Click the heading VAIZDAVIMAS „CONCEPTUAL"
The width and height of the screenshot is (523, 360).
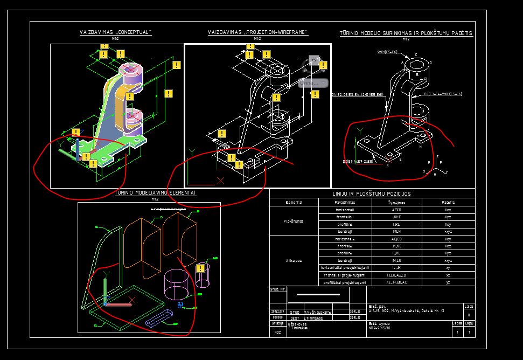pos(115,32)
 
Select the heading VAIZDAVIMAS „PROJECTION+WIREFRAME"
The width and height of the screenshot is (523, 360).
pos(257,32)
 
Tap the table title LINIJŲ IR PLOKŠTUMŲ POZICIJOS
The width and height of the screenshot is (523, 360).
pos(372,193)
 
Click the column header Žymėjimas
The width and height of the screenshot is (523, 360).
pos(396,203)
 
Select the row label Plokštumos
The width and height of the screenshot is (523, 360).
pos(294,220)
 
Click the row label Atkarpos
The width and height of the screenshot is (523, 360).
pos(294,260)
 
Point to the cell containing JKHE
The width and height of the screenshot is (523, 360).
pos(396,216)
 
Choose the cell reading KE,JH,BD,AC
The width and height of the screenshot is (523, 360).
pos(396,282)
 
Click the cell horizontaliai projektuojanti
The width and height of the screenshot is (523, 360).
pos(345,268)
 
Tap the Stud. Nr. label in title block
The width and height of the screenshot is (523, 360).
pos(277,289)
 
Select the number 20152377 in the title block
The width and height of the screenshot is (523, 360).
pos(277,311)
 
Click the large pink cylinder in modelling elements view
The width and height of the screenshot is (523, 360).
pos(176,285)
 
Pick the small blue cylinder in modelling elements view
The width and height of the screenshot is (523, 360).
pos(180,306)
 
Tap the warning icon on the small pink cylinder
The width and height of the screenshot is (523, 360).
pos(201,268)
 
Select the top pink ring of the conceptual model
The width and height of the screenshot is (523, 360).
pos(130,69)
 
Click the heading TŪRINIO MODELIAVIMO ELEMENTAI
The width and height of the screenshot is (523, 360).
pos(156,193)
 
